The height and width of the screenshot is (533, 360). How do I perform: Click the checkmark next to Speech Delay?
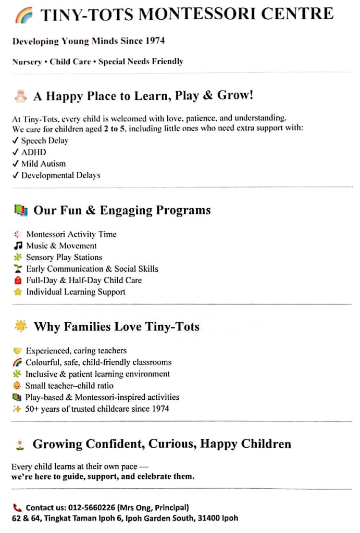point(15,141)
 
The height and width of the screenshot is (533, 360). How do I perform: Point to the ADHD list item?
point(33,152)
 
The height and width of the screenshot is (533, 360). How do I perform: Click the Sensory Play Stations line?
point(64,257)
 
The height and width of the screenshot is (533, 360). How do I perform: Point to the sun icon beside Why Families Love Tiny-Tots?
point(21,326)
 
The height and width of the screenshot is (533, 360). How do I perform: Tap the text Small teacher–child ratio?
point(69,386)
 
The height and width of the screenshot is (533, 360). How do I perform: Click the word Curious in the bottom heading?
point(171,444)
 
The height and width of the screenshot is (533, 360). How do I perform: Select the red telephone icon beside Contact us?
point(17,507)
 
